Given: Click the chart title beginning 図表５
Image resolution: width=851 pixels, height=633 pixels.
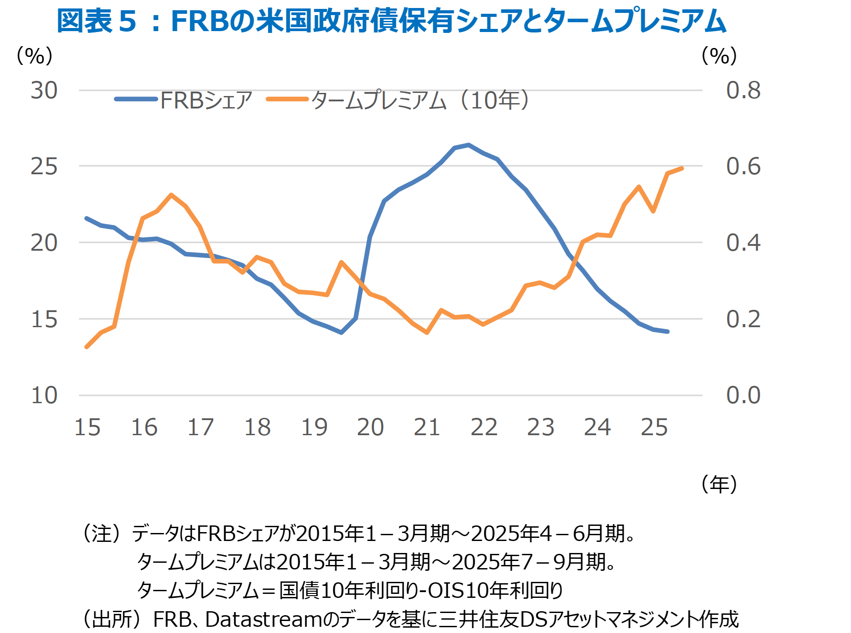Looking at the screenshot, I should coord(391,21).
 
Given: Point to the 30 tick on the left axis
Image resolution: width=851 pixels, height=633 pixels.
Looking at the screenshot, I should coord(44,91).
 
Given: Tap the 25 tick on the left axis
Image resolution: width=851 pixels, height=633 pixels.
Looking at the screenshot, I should coord(44,167).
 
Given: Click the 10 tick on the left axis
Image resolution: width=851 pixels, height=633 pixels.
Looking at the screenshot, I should coord(44,396).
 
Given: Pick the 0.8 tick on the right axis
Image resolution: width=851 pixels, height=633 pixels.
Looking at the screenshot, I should coord(743,91).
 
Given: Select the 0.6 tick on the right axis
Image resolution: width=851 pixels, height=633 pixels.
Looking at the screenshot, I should coord(743,167).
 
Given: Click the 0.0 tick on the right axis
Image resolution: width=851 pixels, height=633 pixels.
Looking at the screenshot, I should coord(743,396).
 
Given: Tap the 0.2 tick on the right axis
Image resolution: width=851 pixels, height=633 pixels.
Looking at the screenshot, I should coord(743,319).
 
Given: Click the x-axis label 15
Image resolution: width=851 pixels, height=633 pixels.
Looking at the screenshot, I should coord(87,428).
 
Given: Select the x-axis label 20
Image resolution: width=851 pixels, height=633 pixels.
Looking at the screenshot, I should coord(370,428).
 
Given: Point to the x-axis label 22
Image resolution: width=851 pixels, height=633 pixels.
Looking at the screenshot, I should coord(484,428).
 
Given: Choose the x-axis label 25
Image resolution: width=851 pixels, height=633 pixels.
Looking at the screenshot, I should coord(654,428).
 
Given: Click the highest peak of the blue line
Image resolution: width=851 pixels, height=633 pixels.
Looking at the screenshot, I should coord(469,145).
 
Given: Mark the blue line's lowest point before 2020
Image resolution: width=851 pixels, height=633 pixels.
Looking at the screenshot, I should coord(341,333).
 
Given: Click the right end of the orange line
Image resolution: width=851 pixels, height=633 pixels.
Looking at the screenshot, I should coord(682,168).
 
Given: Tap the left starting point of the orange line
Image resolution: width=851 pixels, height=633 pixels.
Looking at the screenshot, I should coord(87,347).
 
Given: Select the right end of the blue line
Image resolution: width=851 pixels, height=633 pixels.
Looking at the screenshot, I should coord(668,332).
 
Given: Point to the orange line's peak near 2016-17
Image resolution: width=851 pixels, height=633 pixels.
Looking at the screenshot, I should coord(171,195).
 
